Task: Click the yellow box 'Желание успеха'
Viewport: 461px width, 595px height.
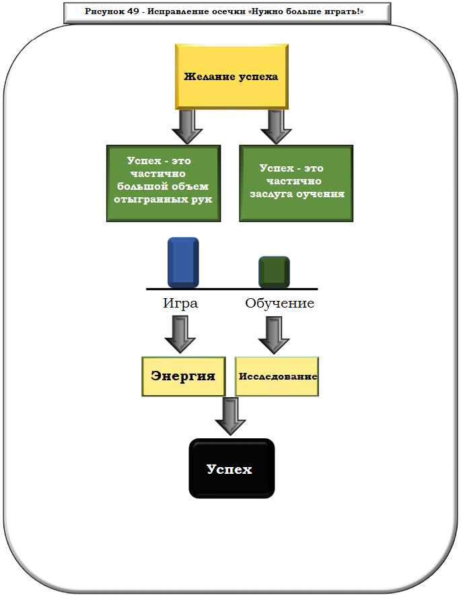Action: [231, 76]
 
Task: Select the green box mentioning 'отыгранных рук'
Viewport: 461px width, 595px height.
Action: [164, 182]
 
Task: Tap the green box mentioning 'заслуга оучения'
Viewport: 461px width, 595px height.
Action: [295, 182]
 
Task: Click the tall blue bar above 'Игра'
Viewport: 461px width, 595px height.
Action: [182, 262]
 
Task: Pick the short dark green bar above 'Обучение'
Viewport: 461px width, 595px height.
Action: [274, 272]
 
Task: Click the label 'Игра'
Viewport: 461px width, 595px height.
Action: [180, 303]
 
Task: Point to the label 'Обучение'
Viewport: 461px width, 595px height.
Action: [279, 303]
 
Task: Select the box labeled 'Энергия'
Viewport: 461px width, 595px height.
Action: [183, 376]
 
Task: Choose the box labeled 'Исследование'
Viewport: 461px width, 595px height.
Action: [277, 376]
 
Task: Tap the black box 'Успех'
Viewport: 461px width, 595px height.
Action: [232, 468]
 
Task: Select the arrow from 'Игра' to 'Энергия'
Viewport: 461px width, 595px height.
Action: [180, 334]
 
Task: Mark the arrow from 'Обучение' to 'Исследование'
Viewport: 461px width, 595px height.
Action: [273, 334]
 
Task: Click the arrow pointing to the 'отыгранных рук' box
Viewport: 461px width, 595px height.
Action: [186, 126]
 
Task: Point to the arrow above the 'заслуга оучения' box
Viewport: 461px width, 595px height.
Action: [275, 126]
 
